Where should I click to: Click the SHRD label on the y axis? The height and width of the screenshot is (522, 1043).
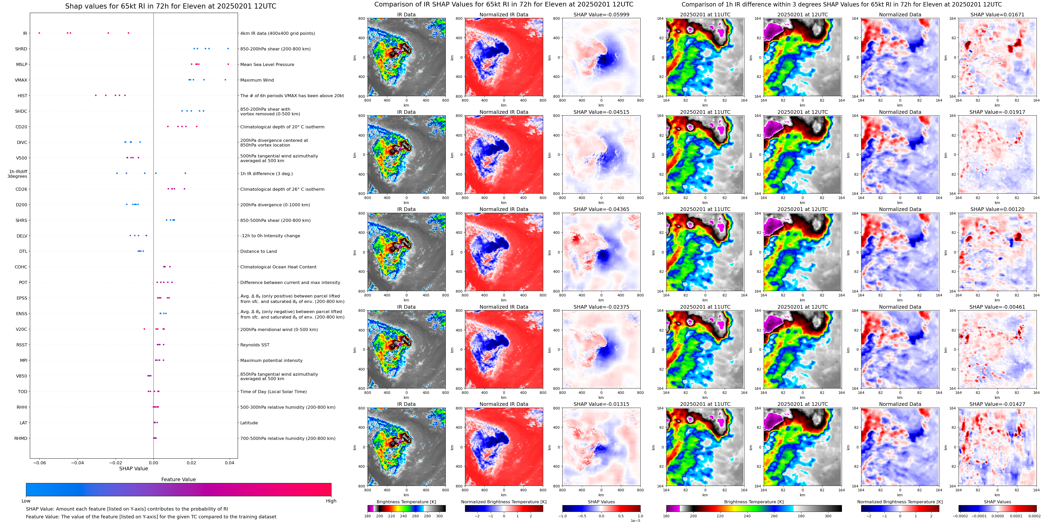(21, 49)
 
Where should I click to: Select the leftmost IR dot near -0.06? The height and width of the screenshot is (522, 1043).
(39, 33)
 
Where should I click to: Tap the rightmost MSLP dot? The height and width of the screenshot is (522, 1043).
(228, 64)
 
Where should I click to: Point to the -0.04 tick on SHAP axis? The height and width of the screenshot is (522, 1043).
(77, 462)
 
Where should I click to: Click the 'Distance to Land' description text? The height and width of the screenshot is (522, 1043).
(258, 252)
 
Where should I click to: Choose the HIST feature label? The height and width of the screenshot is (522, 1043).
(22, 96)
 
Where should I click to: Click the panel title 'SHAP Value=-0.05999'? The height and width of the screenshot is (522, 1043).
(601, 15)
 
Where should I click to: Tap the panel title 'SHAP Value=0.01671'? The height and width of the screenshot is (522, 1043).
(997, 15)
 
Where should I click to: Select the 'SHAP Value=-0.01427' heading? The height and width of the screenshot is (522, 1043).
(997, 404)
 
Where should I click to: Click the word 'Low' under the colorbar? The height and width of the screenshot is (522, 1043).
(26, 501)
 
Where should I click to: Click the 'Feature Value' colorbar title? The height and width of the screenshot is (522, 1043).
(178, 479)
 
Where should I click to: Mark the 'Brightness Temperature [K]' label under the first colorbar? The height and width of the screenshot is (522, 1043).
(406, 502)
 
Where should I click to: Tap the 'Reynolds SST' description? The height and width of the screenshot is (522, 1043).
(255, 345)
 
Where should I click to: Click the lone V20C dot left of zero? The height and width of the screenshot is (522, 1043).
(144, 329)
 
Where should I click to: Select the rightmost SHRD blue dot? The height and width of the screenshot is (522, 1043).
(228, 49)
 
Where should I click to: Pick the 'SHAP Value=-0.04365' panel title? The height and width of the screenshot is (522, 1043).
(601, 209)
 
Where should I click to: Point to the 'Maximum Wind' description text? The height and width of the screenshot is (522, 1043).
(257, 80)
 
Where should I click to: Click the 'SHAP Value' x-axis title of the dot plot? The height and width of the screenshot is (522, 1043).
(134, 468)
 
